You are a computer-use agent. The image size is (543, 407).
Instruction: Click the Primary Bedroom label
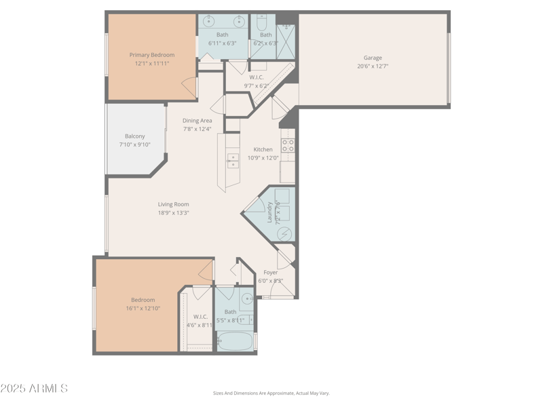pyautogui.click(x=152, y=55)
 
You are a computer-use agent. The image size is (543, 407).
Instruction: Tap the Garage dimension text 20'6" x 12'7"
pyautogui.click(x=373, y=66)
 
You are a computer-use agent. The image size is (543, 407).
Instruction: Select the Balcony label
pyautogui.click(x=134, y=136)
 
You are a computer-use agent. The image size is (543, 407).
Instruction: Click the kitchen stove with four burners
pyautogui.click(x=288, y=145)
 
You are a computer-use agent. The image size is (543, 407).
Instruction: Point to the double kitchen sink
pyautogui.click(x=233, y=161)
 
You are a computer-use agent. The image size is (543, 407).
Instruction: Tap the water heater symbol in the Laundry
pyautogui.click(x=285, y=233)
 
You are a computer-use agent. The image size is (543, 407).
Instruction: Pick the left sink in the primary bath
pyautogui.click(x=208, y=21)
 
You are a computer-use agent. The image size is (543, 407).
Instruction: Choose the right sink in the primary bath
pyautogui.click(x=239, y=21)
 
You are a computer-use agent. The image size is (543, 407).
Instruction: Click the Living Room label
pyautogui.click(x=173, y=204)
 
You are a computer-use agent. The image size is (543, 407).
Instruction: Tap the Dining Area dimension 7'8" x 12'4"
pyautogui.click(x=197, y=129)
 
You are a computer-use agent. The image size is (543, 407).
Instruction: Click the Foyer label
pyautogui.click(x=271, y=273)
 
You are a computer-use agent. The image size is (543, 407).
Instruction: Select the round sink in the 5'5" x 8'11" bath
pyautogui.click(x=246, y=298)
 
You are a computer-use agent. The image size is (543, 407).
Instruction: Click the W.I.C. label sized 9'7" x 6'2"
pyautogui.click(x=257, y=77)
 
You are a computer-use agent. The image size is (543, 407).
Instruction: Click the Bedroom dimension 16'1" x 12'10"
pyautogui.click(x=143, y=308)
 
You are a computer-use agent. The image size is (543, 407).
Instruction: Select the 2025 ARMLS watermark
pyautogui.click(x=34, y=389)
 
